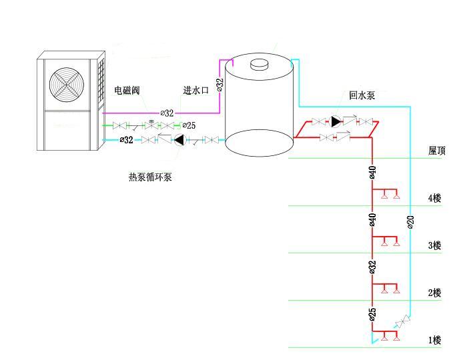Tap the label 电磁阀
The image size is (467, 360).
[127, 90]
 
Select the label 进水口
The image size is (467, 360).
[196, 90]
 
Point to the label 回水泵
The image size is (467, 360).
[362, 95]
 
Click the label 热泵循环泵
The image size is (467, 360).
[150, 177]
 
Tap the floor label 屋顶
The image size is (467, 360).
[437, 151]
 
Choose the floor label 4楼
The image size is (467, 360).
[434, 198]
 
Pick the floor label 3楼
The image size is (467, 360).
[434, 245]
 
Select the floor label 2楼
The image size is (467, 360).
[434, 293]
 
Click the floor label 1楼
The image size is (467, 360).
[434, 340]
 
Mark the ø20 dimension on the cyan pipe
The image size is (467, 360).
[410, 222]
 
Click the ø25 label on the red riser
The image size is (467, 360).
[373, 313]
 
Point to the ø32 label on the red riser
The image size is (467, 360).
[373, 267]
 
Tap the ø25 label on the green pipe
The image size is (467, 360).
[189, 125]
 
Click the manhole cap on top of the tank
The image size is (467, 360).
[258, 64]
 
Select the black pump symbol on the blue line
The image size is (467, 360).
[178, 140]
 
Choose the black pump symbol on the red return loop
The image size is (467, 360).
[336, 122]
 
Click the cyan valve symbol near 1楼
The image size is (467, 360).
[402, 322]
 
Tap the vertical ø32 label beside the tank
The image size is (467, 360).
[220, 85]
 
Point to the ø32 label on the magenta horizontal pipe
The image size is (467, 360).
[167, 113]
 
